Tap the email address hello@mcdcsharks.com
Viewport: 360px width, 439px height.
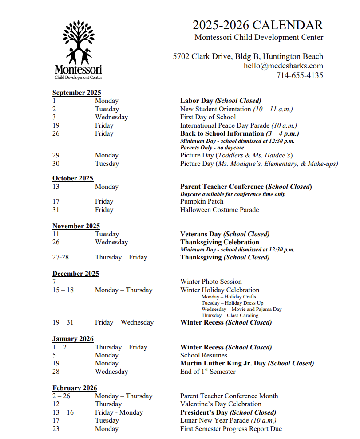pos(283,66)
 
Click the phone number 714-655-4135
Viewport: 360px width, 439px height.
pos(300,75)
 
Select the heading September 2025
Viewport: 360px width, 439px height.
pos(77,93)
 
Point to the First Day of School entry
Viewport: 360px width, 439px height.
pos(208,117)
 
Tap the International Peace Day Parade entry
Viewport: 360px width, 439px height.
pos(238,125)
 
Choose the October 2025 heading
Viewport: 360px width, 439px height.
pos(73,178)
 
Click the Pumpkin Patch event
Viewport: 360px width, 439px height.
pos(202,201)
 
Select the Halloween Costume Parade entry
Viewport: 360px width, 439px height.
pos(219,209)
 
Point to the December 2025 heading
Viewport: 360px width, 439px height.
pos(75,274)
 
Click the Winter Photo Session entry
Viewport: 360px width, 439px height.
pos(211,282)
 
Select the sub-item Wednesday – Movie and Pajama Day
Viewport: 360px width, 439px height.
pos(241,309)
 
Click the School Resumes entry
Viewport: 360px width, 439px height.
pos(204,355)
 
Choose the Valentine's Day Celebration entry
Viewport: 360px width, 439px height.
pos(221,404)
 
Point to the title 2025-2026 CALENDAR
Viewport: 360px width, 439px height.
pos(257,25)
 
